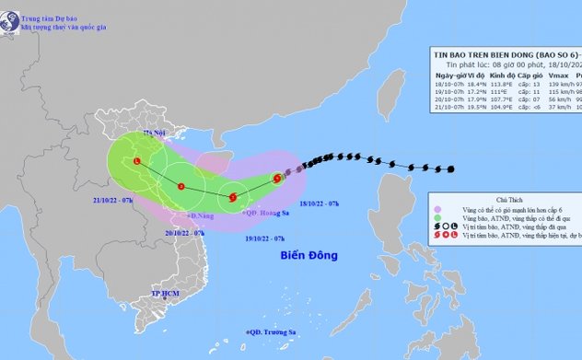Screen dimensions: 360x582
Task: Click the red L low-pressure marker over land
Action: (x=137, y=162)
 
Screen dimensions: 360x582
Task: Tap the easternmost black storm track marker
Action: (x=451, y=168)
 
